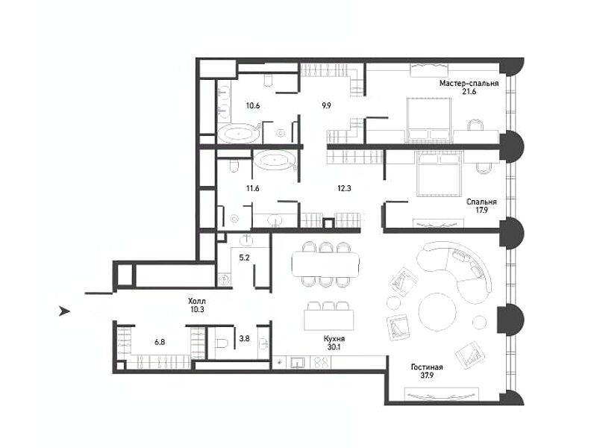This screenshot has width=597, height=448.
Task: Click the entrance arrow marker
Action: (64, 311)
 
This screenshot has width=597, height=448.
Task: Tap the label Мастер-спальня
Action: (469, 83)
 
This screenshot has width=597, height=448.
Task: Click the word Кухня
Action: (334, 339)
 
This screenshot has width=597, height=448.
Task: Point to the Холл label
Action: (197, 302)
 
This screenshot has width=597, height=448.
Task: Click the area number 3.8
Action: (244, 337)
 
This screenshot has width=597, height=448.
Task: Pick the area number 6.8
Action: (160, 342)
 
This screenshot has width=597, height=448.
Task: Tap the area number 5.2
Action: (244, 258)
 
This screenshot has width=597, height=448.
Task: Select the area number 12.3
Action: (344, 188)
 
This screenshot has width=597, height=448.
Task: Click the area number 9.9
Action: (326, 105)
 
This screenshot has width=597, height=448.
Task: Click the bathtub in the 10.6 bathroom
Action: (239, 134)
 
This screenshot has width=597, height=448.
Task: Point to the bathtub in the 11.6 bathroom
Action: (275, 161)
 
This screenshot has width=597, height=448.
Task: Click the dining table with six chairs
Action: (325, 264)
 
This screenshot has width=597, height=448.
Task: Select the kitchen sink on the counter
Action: (296, 363)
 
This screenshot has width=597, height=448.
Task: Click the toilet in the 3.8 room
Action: (221, 343)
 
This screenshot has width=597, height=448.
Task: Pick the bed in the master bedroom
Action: (430, 120)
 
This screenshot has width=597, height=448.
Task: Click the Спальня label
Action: (481, 202)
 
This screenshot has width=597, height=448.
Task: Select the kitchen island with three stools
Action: (329, 316)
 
